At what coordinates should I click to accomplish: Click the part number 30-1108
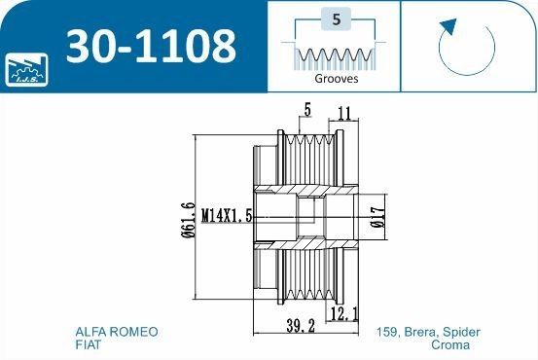(152, 47)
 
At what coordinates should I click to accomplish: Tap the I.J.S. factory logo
(26, 69)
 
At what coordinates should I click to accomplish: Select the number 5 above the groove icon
(337, 19)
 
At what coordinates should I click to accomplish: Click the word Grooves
(337, 79)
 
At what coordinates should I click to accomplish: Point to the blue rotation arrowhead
(448, 26)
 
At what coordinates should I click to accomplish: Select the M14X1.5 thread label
(227, 216)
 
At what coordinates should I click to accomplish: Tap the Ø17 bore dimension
(378, 217)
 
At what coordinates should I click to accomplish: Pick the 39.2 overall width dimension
(301, 325)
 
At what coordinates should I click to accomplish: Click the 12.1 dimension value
(344, 313)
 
